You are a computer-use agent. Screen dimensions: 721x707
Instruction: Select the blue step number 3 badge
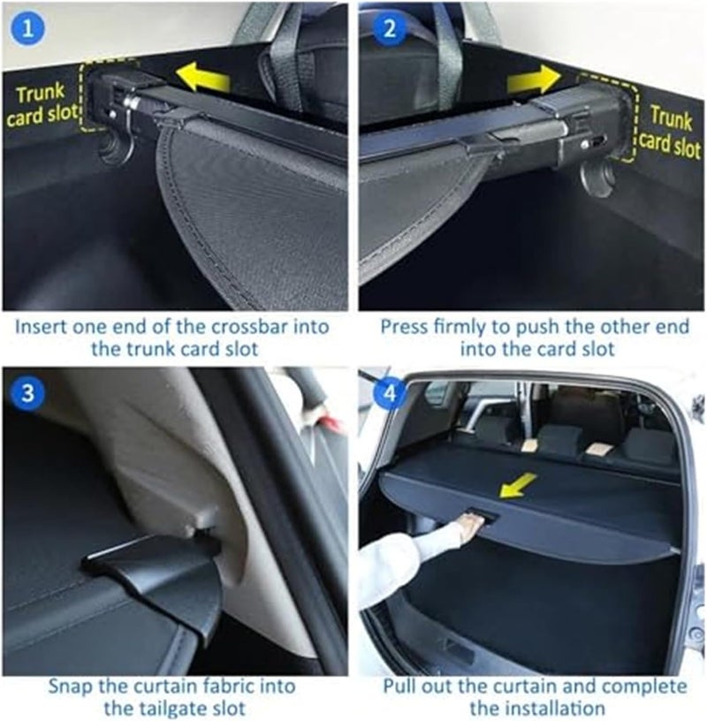click(28, 393)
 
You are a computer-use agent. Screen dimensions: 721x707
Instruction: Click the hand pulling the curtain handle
click(466, 528)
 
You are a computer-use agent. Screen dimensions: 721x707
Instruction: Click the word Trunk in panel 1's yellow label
click(40, 94)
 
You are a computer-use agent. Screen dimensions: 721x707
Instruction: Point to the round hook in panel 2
click(597, 177)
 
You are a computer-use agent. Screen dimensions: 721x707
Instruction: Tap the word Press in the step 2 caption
click(403, 326)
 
